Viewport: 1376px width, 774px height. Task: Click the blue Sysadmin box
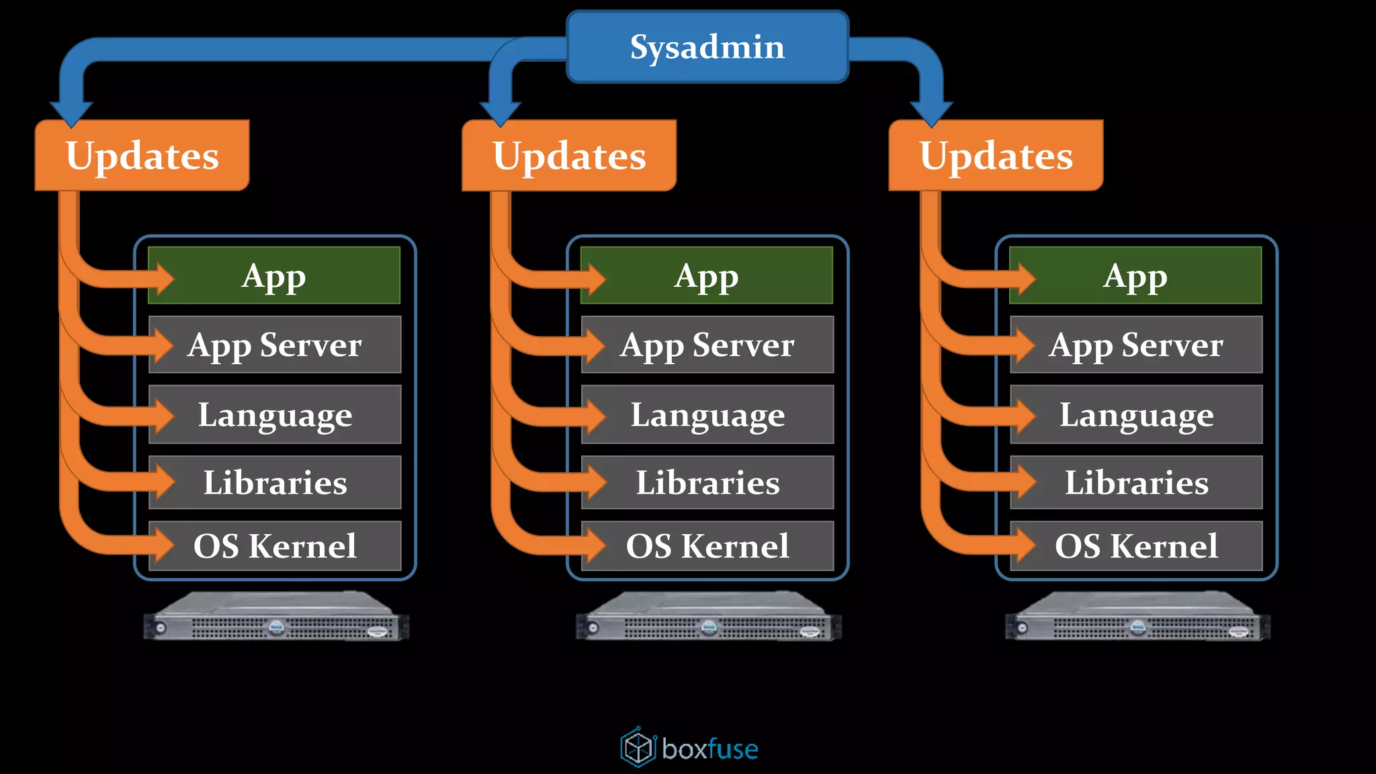[x=707, y=47]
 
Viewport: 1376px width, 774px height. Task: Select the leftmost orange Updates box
[x=142, y=156]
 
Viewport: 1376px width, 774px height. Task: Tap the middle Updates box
[x=569, y=156]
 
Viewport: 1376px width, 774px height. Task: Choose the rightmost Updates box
[x=996, y=156]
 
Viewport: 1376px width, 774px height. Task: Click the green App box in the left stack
[x=274, y=275]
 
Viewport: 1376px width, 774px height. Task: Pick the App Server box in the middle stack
[x=707, y=345]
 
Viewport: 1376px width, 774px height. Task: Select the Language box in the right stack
[x=1136, y=415]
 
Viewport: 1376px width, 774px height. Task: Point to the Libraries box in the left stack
[x=275, y=482]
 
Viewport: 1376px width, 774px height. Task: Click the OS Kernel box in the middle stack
[x=707, y=546]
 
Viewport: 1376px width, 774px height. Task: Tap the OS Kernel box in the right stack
[x=1136, y=546]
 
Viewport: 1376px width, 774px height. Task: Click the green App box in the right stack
[x=1135, y=275]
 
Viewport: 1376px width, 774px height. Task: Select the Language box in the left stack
[x=275, y=415]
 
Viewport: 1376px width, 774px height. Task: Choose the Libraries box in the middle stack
[x=707, y=482]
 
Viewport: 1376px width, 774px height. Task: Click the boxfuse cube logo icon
[x=638, y=747]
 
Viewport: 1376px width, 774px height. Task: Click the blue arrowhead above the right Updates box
[x=931, y=113]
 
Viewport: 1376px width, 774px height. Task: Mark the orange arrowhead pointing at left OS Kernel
[x=164, y=544]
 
